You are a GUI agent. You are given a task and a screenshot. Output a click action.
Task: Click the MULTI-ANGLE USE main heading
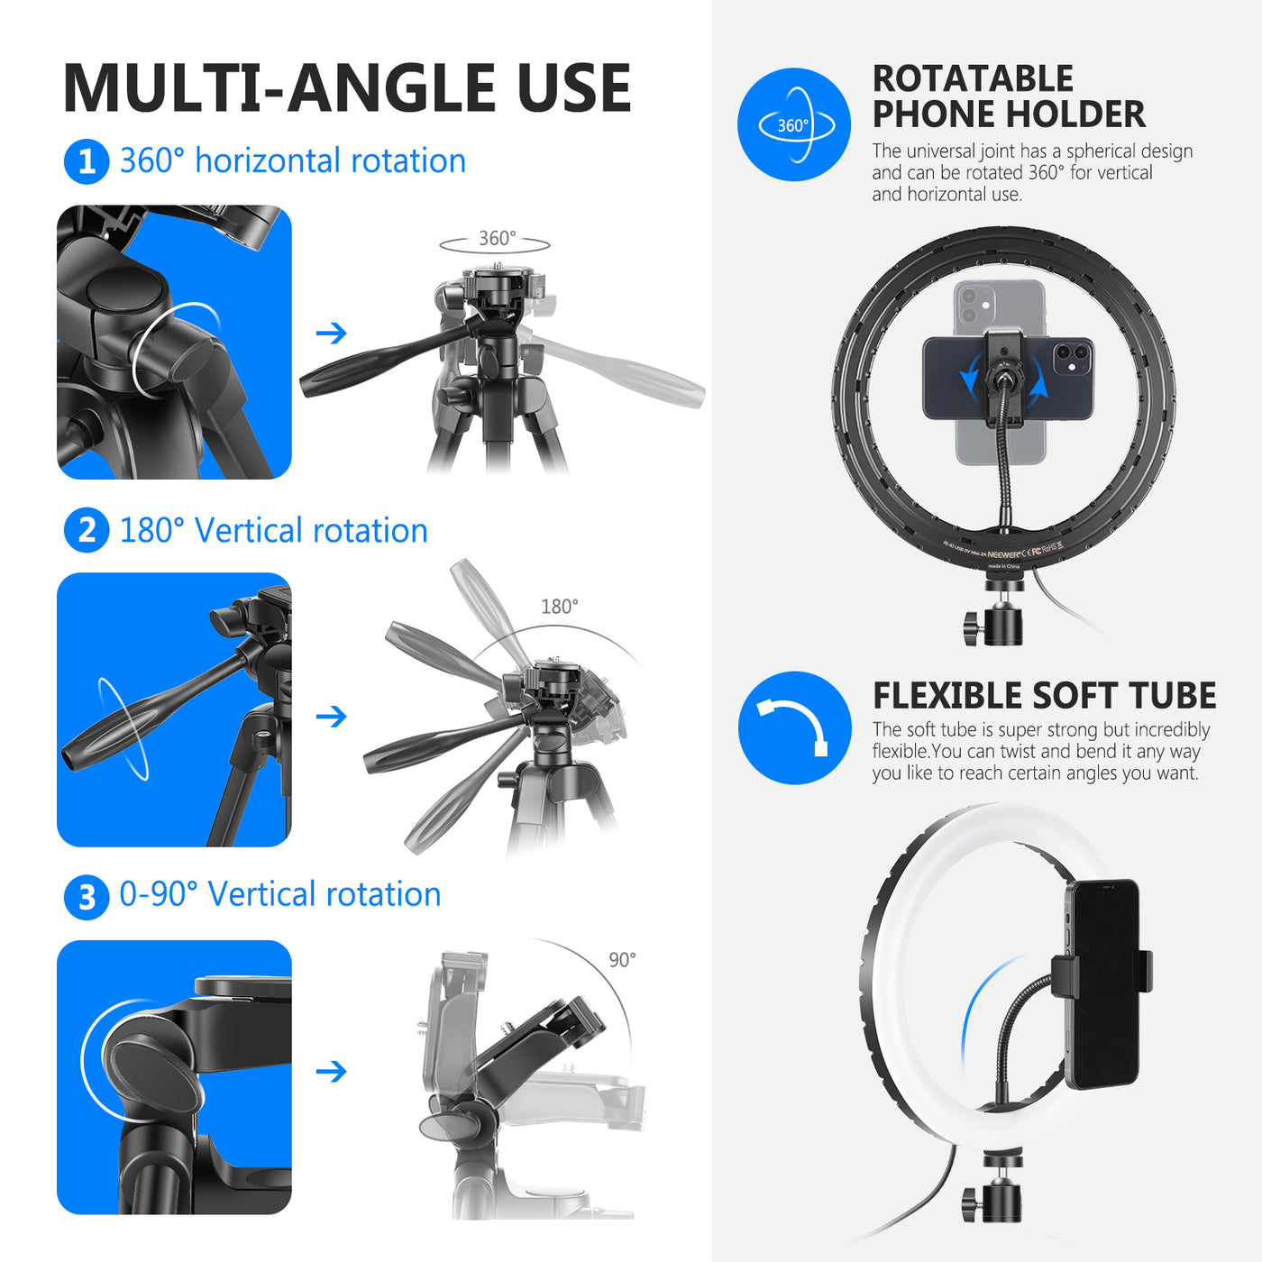pos(347,88)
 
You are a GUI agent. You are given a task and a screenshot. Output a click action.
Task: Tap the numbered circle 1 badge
pos(87,162)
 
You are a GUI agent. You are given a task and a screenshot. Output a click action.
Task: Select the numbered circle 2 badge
pos(87,531)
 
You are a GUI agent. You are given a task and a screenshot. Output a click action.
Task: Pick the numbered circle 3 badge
pos(87,897)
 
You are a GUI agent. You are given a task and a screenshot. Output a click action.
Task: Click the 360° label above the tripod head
pos(497,239)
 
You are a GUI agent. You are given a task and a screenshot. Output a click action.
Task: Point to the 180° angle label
pos(559,607)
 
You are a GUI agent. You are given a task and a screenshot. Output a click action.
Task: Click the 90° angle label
pos(622,960)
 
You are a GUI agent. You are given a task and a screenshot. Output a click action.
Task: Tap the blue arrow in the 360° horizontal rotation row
pos(332,334)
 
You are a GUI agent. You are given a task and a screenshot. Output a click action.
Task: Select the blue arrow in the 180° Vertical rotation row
pos(332,717)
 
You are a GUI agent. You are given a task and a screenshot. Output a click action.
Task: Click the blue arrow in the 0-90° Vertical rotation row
pos(332,1072)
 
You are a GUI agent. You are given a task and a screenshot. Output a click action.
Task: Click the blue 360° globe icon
pos(793,124)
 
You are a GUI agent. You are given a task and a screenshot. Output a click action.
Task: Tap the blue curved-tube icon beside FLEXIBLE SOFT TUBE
pos(794,728)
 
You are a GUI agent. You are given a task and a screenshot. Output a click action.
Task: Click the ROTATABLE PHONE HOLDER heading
pos(1008,96)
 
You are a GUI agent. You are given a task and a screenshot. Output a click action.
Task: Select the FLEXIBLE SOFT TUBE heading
pos(1044,696)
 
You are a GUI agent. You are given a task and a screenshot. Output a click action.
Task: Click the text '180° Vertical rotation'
pos(273,531)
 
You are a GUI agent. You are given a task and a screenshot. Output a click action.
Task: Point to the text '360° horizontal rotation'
pos(292,161)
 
